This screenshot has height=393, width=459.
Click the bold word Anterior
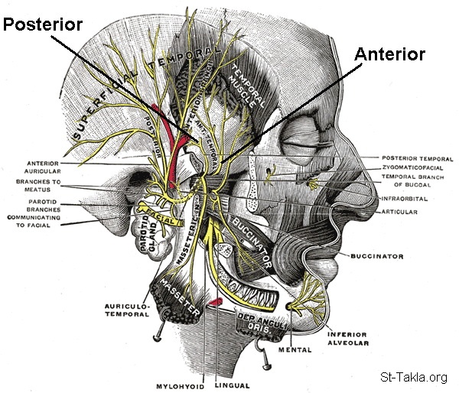[389, 55]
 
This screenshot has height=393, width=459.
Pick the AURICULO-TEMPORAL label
[124, 310]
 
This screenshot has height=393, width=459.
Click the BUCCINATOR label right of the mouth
[376, 257]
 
